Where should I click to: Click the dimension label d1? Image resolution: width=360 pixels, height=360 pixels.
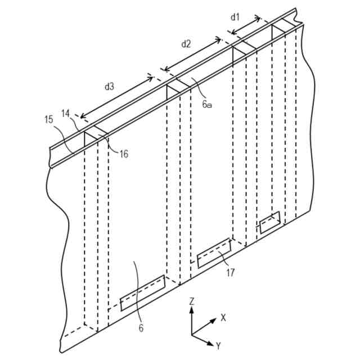click(x=235, y=17)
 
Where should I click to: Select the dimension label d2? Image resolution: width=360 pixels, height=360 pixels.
click(x=186, y=43)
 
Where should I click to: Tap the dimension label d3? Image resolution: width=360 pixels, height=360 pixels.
click(x=110, y=87)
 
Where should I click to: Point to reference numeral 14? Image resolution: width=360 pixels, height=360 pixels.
click(x=66, y=113)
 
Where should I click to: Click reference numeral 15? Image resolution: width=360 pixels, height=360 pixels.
click(x=48, y=119)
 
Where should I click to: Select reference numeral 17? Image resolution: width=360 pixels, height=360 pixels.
click(x=230, y=273)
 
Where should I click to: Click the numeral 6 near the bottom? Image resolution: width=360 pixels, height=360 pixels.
click(x=141, y=328)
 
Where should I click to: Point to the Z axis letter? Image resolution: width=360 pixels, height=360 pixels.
click(x=192, y=301)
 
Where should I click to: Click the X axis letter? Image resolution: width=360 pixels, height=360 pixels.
click(x=223, y=318)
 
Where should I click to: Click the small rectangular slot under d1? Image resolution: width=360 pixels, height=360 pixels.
click(x=269, y=222)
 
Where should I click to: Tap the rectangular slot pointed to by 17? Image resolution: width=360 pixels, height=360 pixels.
click(x=214, y=253)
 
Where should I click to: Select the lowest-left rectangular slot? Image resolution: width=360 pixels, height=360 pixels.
click(x=143, y=292)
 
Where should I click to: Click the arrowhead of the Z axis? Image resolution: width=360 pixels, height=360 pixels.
click(x=192, y=310)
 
